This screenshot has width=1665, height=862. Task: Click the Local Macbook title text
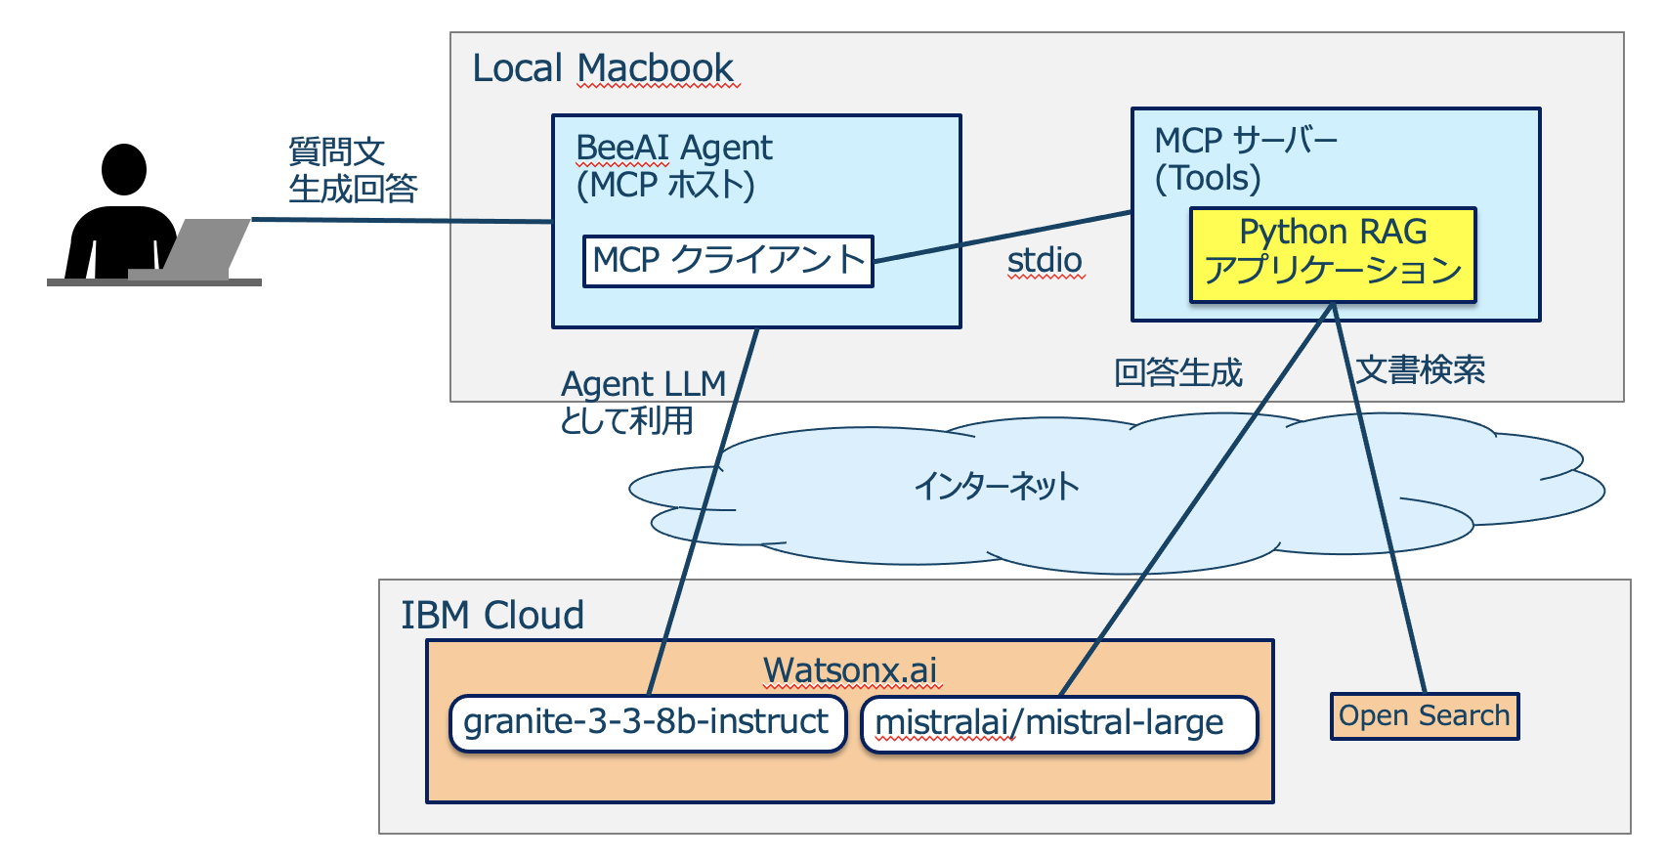pos(603,68)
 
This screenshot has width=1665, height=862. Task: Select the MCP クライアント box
pos(728,261)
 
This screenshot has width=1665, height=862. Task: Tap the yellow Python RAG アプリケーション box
pos(1333,253)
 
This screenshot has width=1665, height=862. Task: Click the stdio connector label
pos(1045,260)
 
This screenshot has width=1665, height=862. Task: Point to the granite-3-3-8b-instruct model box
pos(647,723)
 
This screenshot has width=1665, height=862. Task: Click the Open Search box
pos(1424,716)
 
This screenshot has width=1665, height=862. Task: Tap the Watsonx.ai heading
pos(849,670)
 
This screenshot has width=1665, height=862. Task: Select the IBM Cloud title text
pos(492,615)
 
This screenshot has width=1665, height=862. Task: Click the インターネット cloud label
pos(996,486)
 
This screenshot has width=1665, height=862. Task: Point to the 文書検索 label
pos(1421,370)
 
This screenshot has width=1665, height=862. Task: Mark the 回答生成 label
pos(1178,372)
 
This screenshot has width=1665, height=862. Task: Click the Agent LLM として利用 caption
pos(642,402)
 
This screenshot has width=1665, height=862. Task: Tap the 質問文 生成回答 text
pos(352,169)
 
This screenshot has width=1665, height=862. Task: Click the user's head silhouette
pos(124,169)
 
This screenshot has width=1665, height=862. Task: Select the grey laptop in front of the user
pos(200,249)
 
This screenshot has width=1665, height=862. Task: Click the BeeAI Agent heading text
pos(674,148)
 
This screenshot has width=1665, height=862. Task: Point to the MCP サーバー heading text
pos(1246,141)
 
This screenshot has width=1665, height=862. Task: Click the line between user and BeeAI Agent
pos(401,220)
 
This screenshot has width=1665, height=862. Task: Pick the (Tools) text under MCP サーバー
pos(1208,178)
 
